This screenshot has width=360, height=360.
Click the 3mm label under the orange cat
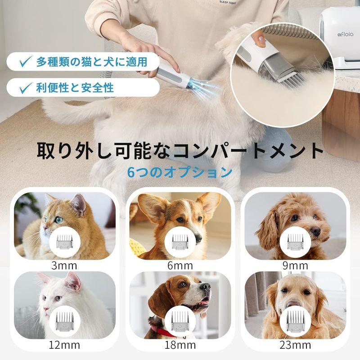[x=64, y=265]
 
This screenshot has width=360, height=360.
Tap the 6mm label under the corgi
[x=180, y=265]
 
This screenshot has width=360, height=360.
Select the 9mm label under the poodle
[x=296, y=265]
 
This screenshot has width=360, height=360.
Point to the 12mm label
[x=64, y=345]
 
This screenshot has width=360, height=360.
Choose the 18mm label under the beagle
[x=180, y=345]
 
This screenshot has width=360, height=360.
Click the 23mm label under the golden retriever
[x=296, y=345]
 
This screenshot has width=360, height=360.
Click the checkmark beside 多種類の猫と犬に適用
[x=26, y=61]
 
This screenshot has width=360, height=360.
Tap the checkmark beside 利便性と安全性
[x=26, y=87]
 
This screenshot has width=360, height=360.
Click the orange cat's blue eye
[x=59, y=219]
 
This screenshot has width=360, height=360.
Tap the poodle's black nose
[x=315, y=231]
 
